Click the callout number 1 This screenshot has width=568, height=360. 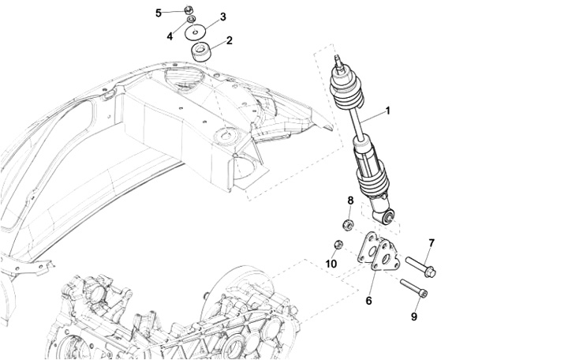click(x=387, y=111)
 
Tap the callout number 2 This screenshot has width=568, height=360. click(x=229, y=40)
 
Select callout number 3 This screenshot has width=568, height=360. click(x=222, y=17)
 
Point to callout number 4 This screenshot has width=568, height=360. click(x=170, y=36)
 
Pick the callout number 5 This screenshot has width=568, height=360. click(x=159, y=13)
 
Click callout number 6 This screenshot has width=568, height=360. click(x=368, y=300)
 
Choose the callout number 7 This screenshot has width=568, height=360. click(x=432, y=242)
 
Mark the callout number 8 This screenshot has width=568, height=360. click(x=350, y=201)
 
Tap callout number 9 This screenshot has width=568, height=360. click(x=414, y=317)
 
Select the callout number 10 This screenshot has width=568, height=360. click(x=331, y=263)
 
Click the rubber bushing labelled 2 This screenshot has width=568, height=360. click(x=202, y=54)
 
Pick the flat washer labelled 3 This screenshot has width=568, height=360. click(x=196, y=33)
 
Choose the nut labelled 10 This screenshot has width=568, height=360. click(x=337, y=244)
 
